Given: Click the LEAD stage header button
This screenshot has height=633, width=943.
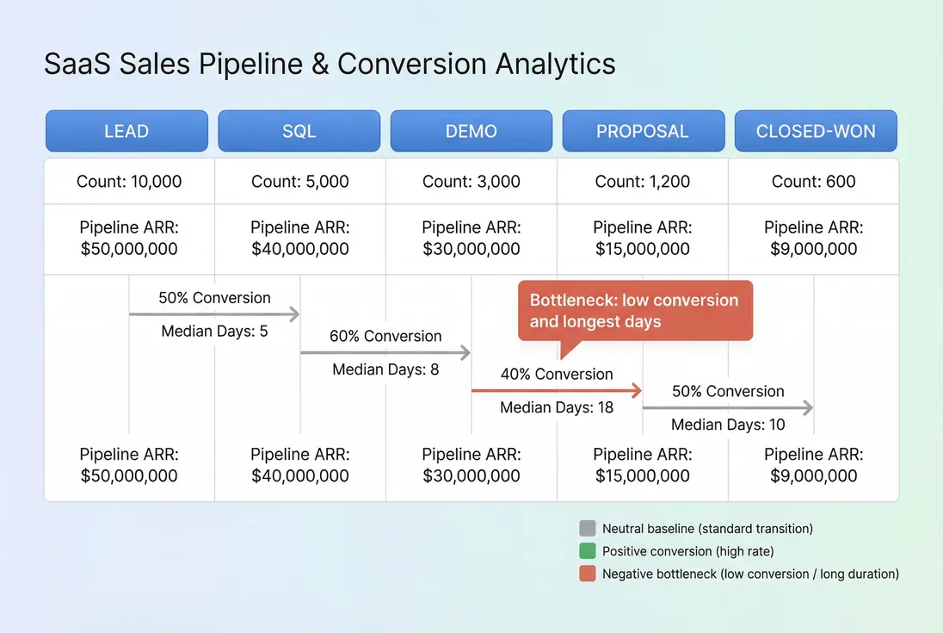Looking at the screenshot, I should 126,131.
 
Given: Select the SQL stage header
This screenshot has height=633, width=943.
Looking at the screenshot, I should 299,131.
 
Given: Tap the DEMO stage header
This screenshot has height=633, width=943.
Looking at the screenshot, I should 471,131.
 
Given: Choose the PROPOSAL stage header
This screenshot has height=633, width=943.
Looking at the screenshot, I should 643,131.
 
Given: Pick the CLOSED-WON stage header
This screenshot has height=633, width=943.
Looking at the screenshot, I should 815,131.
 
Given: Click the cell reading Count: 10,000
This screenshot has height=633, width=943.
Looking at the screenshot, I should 129,182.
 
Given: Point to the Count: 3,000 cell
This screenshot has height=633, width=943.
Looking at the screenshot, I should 471,182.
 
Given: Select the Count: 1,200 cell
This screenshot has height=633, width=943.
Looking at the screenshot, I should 643,182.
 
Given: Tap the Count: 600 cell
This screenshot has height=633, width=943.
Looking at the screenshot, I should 814,182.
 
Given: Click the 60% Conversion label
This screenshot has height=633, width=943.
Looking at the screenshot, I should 385,336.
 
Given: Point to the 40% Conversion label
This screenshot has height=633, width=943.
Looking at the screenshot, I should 557,374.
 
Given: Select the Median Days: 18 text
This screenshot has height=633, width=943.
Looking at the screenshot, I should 557,407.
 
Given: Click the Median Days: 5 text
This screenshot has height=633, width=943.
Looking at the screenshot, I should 215,331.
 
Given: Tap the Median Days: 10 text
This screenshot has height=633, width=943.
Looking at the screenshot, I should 728,425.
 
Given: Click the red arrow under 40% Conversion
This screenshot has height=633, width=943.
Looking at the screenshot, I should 557,390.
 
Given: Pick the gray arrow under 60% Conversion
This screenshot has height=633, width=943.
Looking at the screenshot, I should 385,352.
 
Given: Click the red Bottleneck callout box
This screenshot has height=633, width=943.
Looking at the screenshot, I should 635,311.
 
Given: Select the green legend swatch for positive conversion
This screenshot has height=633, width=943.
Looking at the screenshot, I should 588,551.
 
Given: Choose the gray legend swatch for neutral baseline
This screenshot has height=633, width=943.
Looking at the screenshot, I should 588,529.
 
